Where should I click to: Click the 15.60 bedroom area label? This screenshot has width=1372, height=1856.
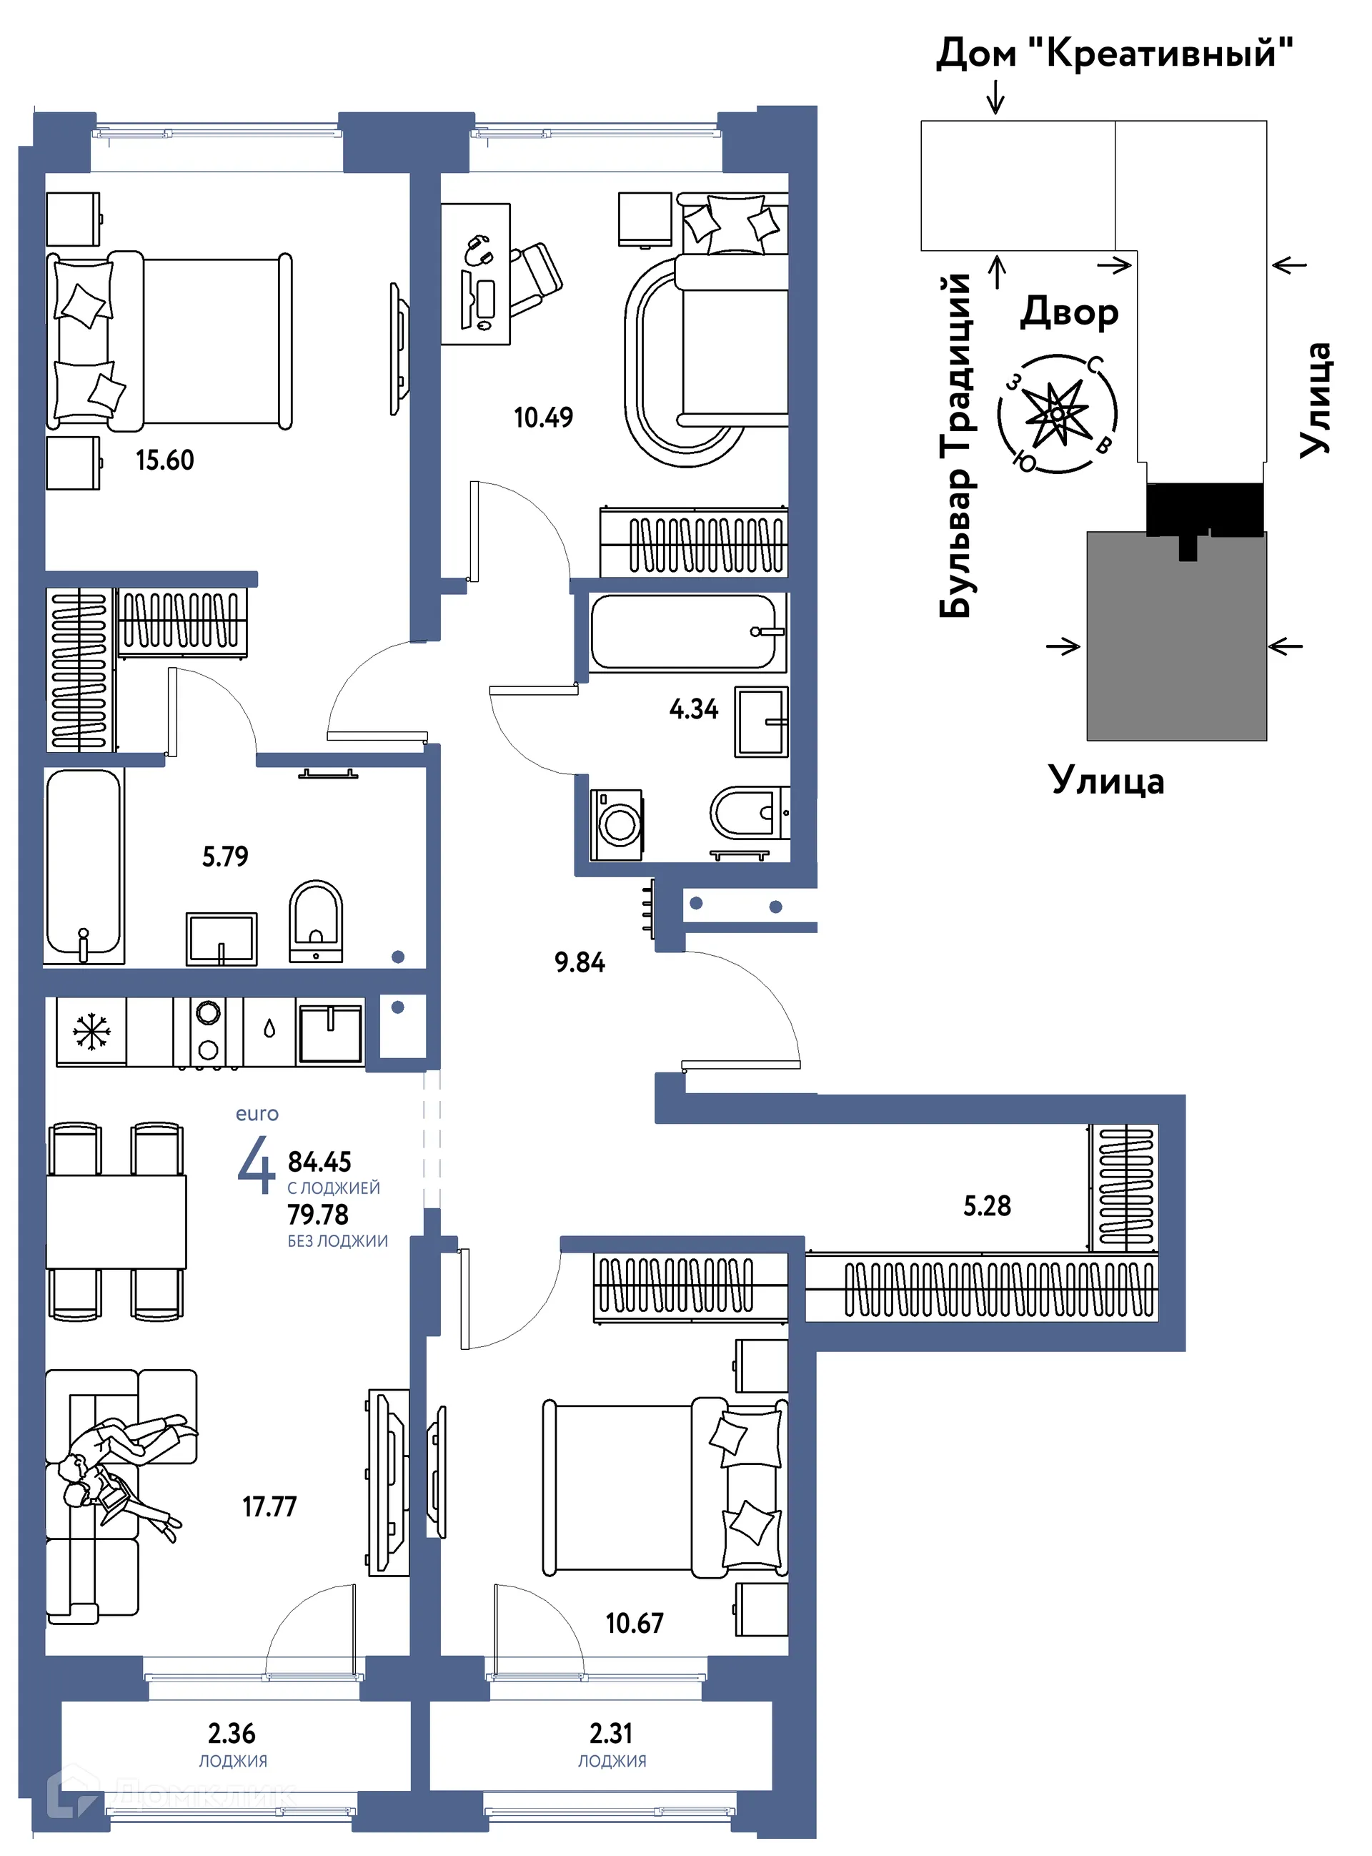coord(164,460)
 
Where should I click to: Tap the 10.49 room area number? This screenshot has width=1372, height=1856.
coord(543,417)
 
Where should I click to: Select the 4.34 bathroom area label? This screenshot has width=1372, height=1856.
coord(693,709)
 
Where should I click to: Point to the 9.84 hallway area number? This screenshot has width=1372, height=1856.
coord(580,962)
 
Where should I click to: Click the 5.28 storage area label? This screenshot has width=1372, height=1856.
coord(987,1205)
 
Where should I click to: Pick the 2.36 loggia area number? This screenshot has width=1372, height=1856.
coord(232,1733)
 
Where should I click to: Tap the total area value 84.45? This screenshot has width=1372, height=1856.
coord(319,1162)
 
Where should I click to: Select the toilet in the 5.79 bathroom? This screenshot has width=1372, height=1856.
coord(316,921)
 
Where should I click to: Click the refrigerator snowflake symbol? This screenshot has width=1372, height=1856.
coord(91,1031)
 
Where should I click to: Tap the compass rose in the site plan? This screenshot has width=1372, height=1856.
coord(1058,414)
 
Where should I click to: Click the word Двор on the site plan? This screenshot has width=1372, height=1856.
coord(1069,312)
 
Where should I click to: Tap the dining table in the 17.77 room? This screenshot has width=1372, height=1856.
coord(116,1221)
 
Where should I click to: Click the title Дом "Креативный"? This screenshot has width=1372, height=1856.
coord(1115,54)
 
